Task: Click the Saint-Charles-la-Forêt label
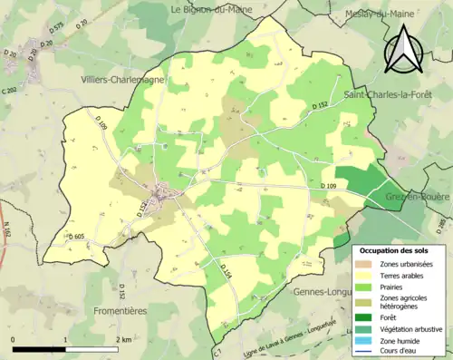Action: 391,94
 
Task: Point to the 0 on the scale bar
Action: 14,339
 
